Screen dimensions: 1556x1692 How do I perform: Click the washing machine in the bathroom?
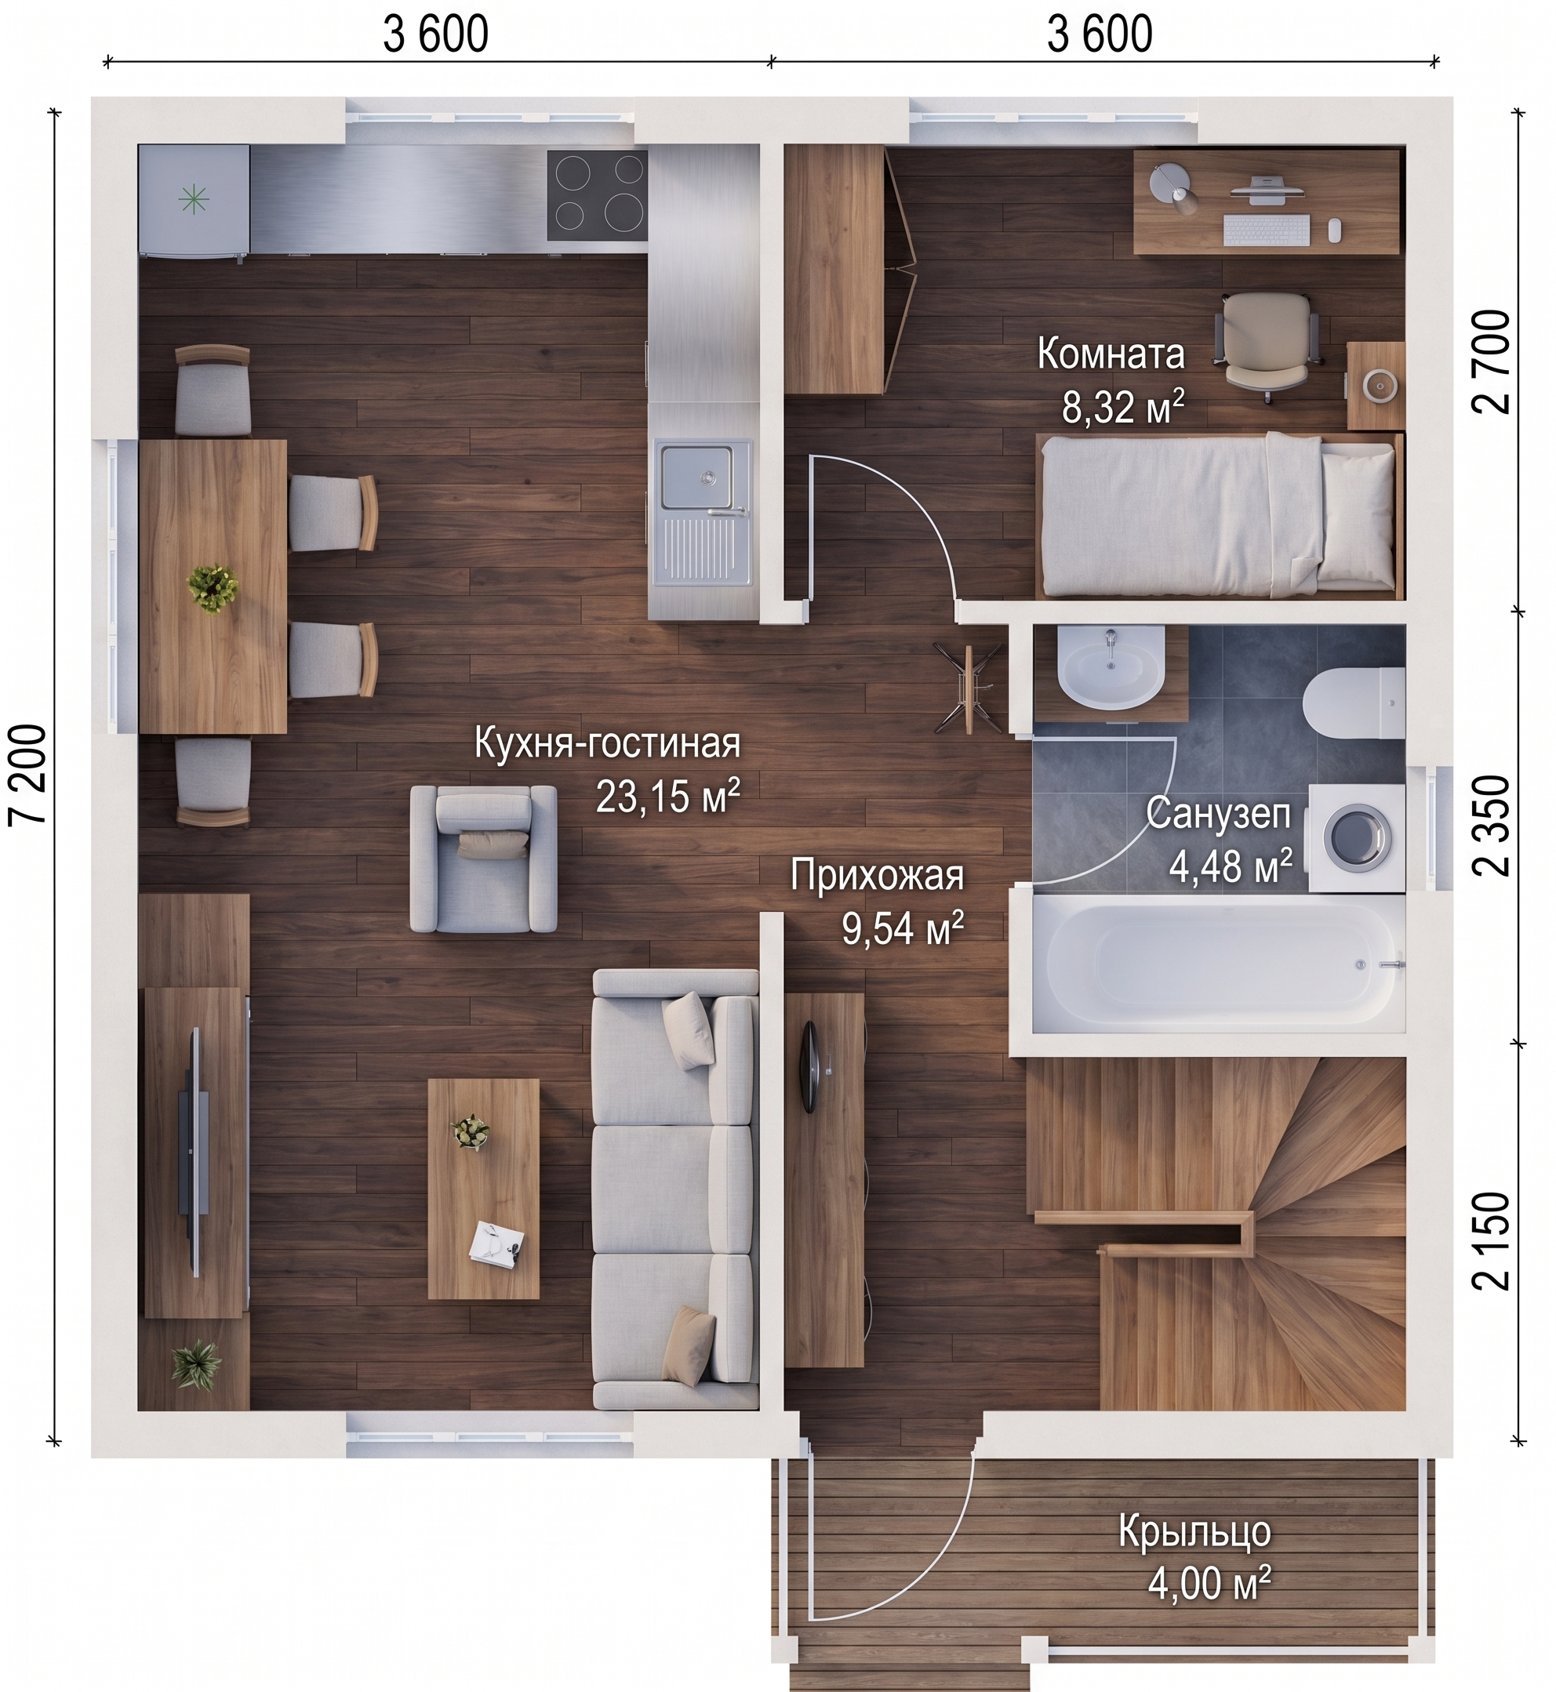pos(1357,838)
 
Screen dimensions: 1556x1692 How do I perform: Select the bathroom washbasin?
pos(1111,670)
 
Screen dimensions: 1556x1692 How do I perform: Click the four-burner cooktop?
pos(597,196)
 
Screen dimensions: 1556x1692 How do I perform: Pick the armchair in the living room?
pos(483,859)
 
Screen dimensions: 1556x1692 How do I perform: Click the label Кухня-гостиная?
pos(607,744)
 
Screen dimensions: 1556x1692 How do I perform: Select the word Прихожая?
pos(878,876)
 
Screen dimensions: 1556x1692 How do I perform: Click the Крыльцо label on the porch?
pos(1194,1532)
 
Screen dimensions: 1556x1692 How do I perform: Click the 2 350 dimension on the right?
pos(1490,826)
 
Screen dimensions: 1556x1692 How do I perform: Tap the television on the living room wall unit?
pos(193,1153)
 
